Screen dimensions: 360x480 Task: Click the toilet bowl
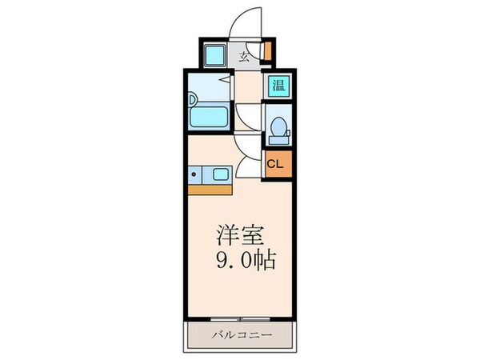[277, 128]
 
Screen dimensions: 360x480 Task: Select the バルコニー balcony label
[241, 334]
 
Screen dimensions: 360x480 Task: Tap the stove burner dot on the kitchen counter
[194, 174]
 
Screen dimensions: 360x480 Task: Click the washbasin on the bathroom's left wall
[193, 99]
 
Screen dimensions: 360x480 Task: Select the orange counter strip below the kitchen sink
[210, 189]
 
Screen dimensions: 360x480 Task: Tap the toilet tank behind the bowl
[286, 128]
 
